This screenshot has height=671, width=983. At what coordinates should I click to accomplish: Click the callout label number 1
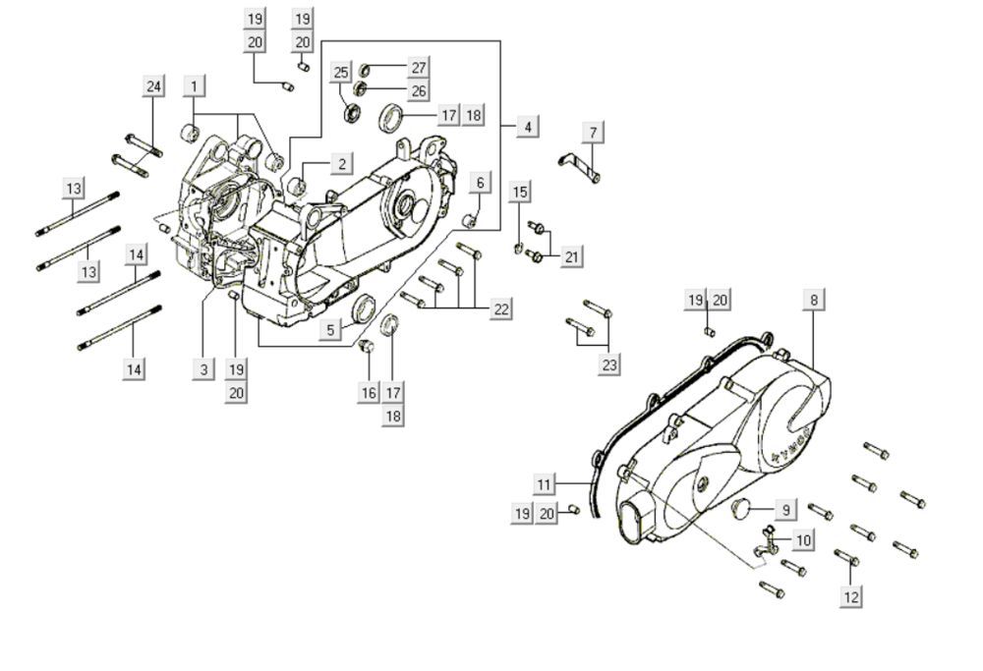pos(194,85)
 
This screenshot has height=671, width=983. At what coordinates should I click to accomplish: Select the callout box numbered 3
pos(203,369)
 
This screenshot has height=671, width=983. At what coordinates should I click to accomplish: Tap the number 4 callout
pos(527,126)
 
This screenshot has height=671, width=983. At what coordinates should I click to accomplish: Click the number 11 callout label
pos(546,483)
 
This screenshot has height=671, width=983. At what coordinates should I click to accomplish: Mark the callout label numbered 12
pos(851,595)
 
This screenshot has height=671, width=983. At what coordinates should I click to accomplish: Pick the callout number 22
pos(500,308)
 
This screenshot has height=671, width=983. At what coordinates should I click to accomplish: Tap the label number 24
pos(153,86)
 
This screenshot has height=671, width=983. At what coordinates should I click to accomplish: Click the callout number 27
pos(419,68)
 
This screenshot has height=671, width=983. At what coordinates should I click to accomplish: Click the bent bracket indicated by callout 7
pos(579,166)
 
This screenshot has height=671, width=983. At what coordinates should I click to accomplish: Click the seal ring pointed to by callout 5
pos(365,308)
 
